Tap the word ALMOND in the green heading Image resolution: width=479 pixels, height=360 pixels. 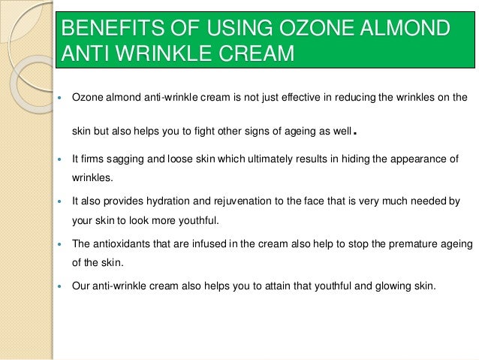click(405, 30)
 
